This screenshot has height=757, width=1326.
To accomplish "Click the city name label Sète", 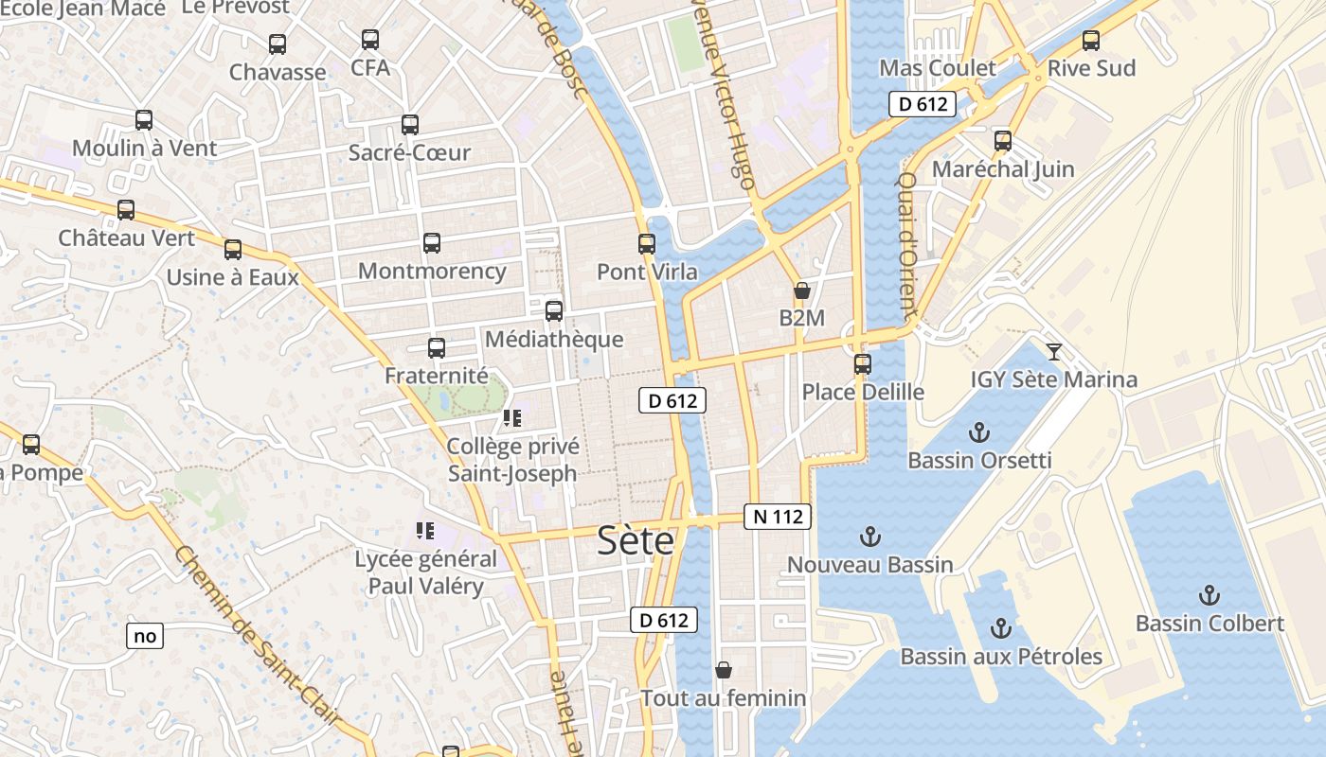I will (636, 540).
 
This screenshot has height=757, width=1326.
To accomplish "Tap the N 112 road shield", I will (779, 517).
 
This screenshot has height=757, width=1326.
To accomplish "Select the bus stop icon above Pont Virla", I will (647, 244).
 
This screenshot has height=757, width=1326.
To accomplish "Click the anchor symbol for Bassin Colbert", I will (1209, 595).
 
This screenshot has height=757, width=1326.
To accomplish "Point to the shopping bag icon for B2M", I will (802, 290).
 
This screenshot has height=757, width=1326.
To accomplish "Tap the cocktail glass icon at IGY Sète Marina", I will (1053, 352).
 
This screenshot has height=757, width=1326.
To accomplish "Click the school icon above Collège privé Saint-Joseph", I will (512, 418).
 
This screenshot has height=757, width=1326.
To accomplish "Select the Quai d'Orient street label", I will (906, 245).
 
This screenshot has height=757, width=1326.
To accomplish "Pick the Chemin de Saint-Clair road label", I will (257, 639).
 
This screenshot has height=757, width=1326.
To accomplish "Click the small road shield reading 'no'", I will (145, 636).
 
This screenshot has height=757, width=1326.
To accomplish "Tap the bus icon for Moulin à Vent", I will (144, 120).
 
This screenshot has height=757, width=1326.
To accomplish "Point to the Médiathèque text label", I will (553, 339).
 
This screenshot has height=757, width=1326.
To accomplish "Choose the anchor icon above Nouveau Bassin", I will (869, 537).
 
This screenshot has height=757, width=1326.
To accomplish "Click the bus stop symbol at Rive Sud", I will (1091, 41).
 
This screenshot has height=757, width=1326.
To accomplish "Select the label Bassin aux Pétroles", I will (1000, 656).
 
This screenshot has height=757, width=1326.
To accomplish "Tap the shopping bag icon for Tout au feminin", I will (724, 670).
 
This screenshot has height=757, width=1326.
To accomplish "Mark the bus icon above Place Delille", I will (863, 363).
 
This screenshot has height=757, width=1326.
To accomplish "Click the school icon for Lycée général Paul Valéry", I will (424, 531).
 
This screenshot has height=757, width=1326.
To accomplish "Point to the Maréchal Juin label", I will (1003, 169).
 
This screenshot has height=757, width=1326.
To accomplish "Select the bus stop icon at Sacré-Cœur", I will (410, 125).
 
